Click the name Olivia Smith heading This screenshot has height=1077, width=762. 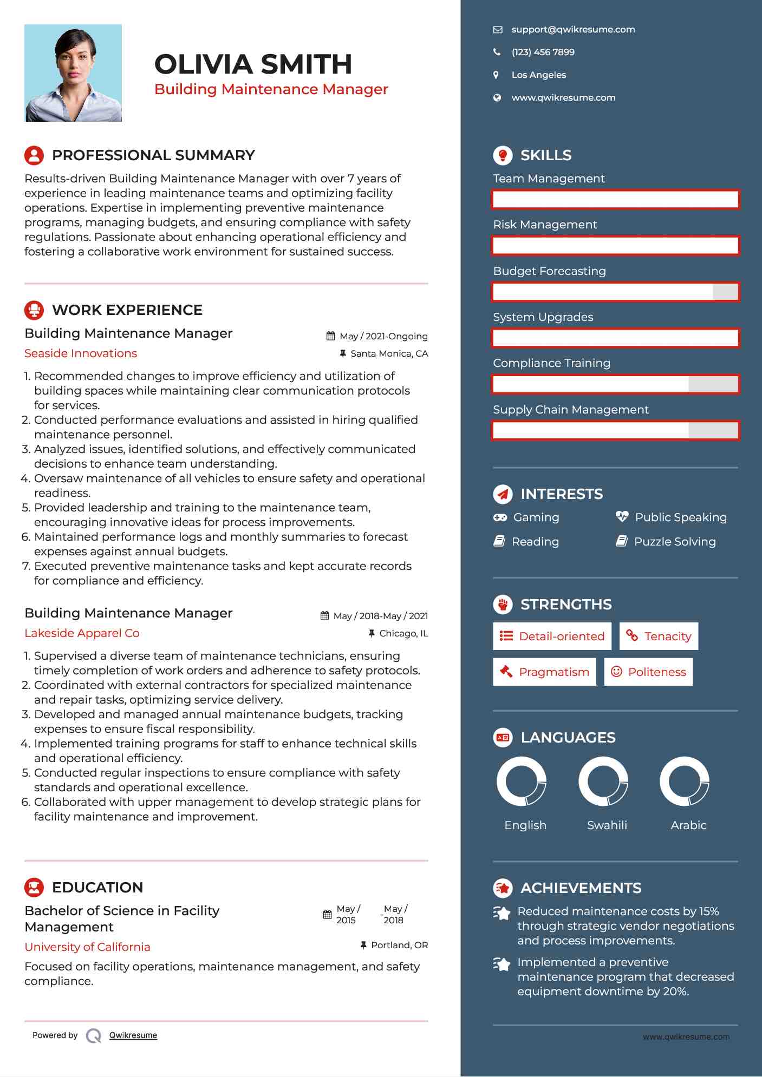[253, 64]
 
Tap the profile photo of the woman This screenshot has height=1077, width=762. [73, 73]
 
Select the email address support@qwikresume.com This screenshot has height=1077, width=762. [573, 30]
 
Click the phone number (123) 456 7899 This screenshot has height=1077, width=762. [543, 52]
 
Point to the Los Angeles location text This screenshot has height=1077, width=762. [538, 75]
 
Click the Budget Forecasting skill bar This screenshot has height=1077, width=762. [615, 292]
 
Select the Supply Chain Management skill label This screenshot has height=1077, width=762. [570, 410]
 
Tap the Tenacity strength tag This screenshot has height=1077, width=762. [659, 636]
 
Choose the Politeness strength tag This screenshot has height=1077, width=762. [648, 672]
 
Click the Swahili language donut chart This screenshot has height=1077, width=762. [603, 782]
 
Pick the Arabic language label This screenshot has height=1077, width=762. [688, 825]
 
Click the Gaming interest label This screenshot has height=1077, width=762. [536, 518]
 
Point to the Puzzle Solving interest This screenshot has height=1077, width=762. [674, 542]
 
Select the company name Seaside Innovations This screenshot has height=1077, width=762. [81, 353]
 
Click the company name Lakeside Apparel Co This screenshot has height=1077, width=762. [82, 633]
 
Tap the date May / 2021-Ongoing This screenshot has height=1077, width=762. [383, 337]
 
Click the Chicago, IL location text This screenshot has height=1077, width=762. [403, 634]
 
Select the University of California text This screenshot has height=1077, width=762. [87, 947]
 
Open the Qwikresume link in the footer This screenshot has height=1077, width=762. [133, 1035]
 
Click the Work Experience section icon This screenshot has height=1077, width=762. [34, 310]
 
